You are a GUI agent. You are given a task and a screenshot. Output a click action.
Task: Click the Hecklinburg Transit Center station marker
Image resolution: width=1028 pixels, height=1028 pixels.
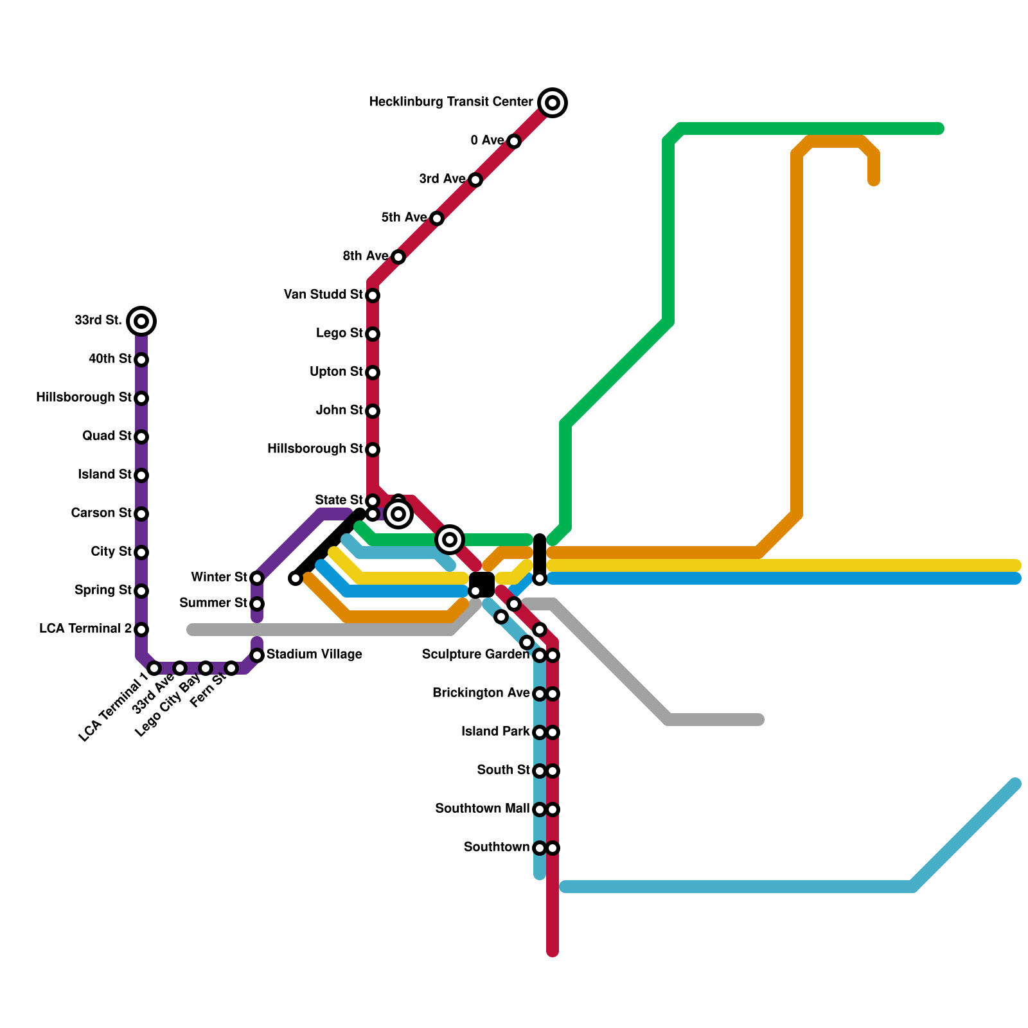[553, 103]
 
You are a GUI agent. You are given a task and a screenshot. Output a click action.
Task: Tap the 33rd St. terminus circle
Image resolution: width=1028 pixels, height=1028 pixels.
[141, 321]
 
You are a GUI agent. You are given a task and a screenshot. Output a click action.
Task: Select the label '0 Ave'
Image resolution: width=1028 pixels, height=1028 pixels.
[487, 141]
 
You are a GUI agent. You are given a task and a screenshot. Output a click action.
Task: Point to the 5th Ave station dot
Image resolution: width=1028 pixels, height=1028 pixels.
[437, 218]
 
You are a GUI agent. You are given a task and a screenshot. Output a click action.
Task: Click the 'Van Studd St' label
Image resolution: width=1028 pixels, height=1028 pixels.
[323, 295]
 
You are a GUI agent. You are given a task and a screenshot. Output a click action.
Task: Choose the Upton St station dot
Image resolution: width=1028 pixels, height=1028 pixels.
[373, 373]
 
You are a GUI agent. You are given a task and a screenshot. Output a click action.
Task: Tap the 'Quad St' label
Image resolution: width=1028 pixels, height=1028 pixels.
[107, 436]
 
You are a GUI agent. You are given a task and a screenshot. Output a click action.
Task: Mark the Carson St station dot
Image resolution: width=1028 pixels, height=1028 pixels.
[141, 514]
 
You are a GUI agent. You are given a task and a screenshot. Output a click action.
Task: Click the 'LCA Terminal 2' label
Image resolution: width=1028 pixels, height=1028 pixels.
[85, 629]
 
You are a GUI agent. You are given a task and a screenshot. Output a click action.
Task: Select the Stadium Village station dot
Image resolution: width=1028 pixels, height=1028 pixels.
[257, 655]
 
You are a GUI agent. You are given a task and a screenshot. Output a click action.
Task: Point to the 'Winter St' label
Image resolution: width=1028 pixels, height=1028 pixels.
[219, 578]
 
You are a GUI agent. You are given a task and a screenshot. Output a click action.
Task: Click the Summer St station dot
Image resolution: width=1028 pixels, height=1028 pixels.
[257, 604]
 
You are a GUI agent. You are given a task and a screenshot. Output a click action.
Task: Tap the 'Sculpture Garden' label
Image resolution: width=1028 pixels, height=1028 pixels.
[475, 655]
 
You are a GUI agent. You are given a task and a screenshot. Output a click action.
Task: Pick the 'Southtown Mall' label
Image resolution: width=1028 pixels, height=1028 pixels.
[482, 809]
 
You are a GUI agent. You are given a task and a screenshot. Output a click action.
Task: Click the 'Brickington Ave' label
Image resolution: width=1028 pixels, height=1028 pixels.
[481, 693]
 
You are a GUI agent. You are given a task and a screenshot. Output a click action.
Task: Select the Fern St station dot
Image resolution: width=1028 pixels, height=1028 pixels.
[231, 668]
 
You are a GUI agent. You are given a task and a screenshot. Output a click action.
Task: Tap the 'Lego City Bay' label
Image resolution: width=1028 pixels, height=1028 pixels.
[168, 705]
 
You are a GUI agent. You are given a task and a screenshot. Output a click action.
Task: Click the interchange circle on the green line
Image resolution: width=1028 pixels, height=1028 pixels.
[450, 540]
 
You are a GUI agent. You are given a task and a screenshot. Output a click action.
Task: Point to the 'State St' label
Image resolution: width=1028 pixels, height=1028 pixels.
[339, 501]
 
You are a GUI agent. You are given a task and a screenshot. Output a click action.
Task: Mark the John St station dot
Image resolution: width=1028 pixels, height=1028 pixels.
[373, 411]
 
